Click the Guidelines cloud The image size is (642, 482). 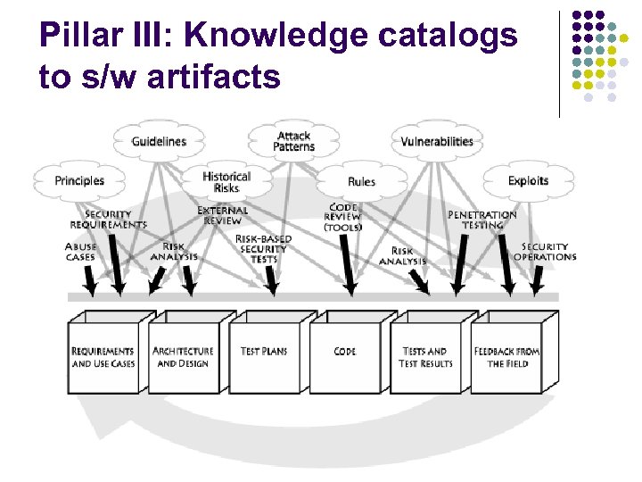coord(159,141)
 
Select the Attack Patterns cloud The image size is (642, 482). coord(293,141)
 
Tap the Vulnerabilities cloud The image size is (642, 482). coord(437,141)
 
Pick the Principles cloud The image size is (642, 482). coord(79,180)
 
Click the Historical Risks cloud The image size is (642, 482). coord(226,182)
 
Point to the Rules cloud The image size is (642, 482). coord(361,181)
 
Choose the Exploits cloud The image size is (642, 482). coord(528,180)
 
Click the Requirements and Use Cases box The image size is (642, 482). coord(103,357)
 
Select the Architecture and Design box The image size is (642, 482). coord(183,357)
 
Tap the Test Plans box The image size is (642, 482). coord(264,352)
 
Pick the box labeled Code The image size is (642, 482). coord(345,352)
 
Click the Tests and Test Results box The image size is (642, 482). coord(425,357)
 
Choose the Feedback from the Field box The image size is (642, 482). coord(506,357)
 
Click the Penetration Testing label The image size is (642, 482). coord(481,220)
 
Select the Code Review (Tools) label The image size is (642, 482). coord(343,217)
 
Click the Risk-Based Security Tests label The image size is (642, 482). coord(263,249)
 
